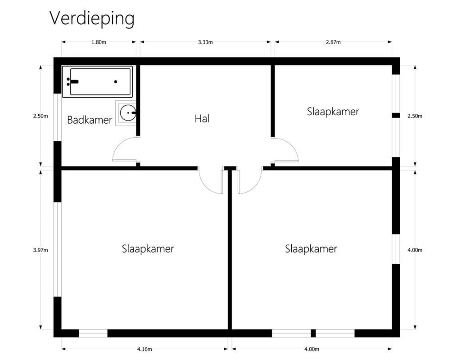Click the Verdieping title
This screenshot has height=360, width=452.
(92, 19)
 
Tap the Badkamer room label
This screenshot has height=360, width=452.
(90, 120)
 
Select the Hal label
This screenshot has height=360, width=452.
(202, 118)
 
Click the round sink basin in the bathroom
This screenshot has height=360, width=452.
(127, 113)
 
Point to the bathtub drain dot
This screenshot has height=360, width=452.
(116, 82)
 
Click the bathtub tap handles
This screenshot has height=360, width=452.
(72, 82)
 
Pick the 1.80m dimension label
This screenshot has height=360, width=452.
(99, 42)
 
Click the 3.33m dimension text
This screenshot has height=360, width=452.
(205, 42)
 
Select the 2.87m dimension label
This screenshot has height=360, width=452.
(333, 42)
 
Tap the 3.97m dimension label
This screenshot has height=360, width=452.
(41, 250)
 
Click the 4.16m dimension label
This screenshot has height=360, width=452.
(145, 349)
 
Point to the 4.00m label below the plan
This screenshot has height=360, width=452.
(312, 349)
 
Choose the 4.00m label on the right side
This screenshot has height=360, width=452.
(415, 250)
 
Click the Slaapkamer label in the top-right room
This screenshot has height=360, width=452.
(333, 112)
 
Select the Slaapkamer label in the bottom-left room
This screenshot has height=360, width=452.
(148, 249)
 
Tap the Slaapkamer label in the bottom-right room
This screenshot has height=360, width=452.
(311, 249)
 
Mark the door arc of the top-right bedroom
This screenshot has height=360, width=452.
(291, 144)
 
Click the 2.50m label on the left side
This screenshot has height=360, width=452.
(41, 116)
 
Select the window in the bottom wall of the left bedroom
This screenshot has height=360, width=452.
(93, 333)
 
